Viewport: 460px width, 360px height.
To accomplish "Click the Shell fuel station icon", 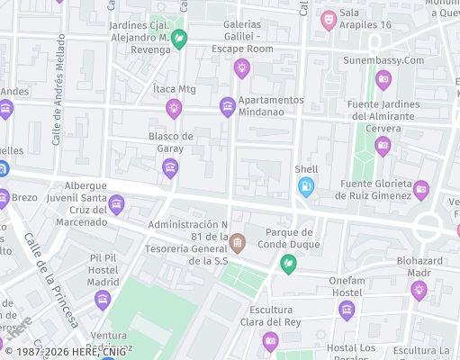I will pyautogui.click(x=306, y=186).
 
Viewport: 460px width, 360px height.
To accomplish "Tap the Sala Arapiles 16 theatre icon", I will pyautogui.click(x=329, y=18).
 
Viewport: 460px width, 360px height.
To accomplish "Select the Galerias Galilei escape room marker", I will pyautogui.click(x=241, y=67).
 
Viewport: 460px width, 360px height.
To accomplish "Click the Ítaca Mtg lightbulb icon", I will pyautogui.click(x=174, y=109).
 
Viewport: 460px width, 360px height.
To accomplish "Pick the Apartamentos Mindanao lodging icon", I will pyautogui.click(x=228, y=107).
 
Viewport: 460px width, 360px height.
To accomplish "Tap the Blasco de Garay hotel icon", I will pyautogui.click(x=170, y=168).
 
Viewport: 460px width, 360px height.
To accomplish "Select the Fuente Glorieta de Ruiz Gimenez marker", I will pyautogui.click(x=420, y=190).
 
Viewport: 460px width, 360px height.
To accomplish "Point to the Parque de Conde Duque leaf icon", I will pyautogui.click(x=288, y=264).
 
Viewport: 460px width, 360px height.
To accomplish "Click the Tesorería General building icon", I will pyautogui.click(x=237, y=242).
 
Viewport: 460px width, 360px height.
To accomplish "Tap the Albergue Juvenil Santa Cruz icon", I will pyautogui.click(x=116, y=205).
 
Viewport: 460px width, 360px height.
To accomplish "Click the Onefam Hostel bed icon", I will pyautogui.click(x=347, y=310).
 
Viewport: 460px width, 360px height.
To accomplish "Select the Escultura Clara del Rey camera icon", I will pyautogui.click(x=270, y=341).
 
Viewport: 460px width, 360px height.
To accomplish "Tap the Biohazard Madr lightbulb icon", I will pyautogui.click(x=419, y=290).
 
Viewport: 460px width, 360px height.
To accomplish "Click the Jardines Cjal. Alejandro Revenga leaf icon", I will pyautogui.click(x=179, y=39).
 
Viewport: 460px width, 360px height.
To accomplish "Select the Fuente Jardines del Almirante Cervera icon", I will pyautogui.click(x=383, y=146).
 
